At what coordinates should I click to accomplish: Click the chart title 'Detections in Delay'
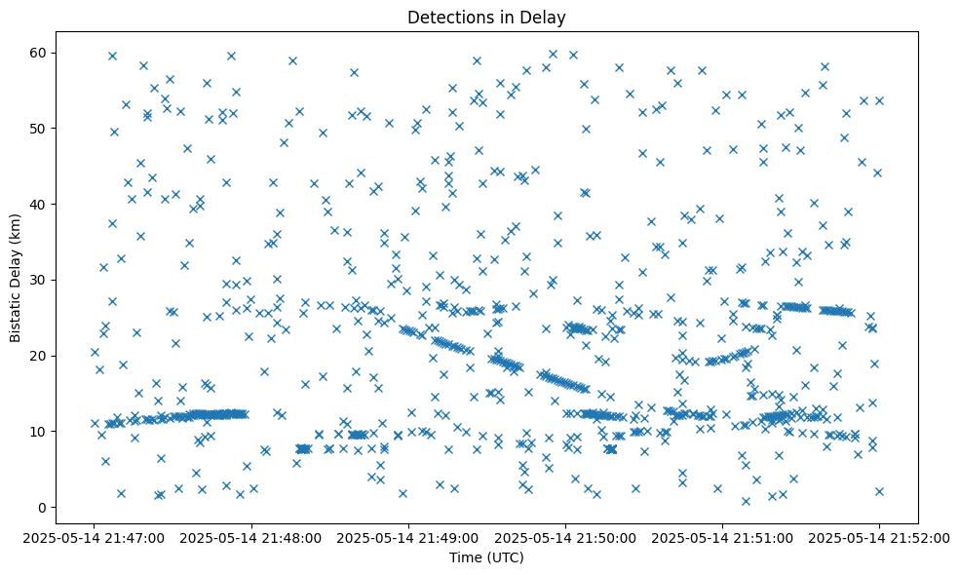(486, 17)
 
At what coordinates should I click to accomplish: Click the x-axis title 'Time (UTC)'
(486, 557)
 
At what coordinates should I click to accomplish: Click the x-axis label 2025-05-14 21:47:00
(95, 536)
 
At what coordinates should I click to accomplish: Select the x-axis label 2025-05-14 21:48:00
(251, 536)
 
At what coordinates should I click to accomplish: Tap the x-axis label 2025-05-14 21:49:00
(408, 536)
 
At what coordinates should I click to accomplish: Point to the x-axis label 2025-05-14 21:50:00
(565, 536)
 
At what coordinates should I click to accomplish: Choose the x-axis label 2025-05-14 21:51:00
(722, 536)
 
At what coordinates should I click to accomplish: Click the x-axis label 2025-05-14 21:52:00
(879, 536)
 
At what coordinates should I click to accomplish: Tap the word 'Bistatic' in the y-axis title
(16, 314)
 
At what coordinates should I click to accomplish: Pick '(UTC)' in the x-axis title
(505, 557)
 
